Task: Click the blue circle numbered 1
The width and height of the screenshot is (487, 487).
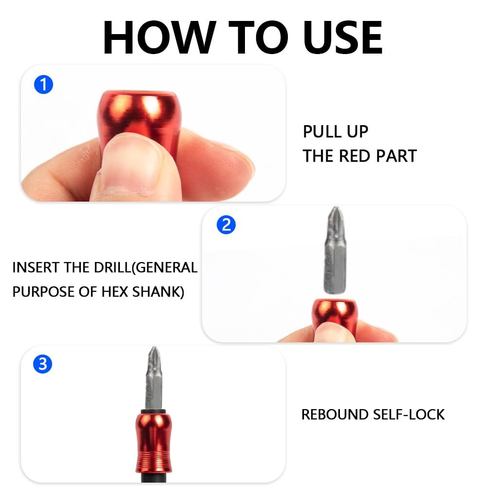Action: coord(43,84)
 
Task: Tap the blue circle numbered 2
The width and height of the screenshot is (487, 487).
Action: coord(226,225)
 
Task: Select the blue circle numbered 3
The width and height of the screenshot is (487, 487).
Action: coord(42,364)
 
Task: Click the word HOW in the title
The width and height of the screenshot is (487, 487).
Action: coord(160,37)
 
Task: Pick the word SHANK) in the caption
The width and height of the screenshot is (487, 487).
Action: coord(158,292)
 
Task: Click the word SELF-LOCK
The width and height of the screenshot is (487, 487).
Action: coord(409,414)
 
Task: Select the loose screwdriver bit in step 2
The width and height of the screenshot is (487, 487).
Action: coord(335,250)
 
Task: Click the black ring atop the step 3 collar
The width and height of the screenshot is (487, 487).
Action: coord(154,412)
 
